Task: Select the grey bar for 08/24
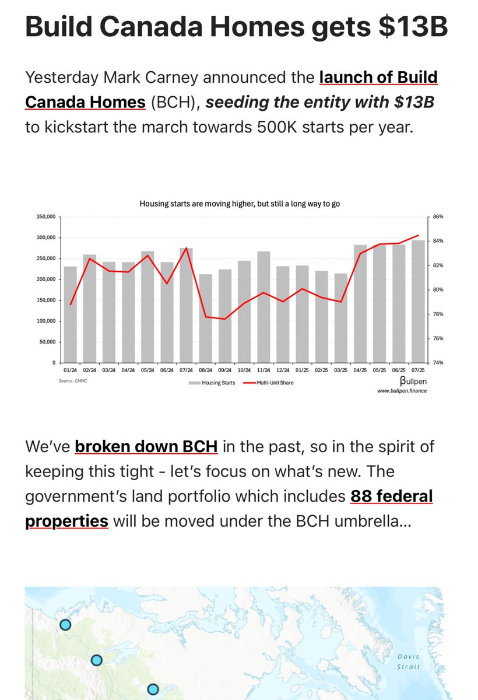click(205, 318)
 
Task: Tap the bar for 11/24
click(263, 307)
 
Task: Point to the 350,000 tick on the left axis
click(45, 216)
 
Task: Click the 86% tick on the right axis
click(438, 216)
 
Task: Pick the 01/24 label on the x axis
click(70, 370)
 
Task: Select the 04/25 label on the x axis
click(360, 370)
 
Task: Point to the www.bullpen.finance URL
click(402, 390)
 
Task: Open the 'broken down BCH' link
click(146, 447)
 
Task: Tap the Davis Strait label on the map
click(408, 662)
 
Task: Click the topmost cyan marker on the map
click(65, 625)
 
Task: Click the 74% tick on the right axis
click(438, 363)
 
